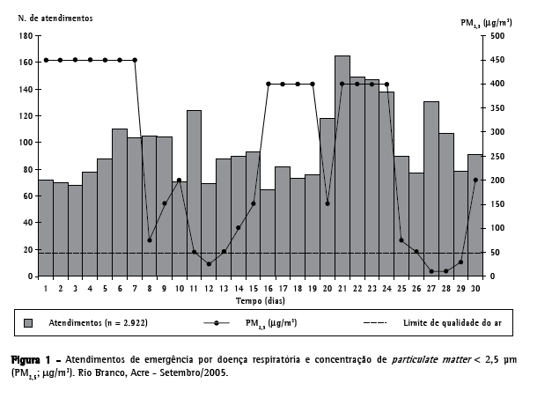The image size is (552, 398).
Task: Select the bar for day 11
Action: point(194,194)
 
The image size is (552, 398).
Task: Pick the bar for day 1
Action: point(46,228)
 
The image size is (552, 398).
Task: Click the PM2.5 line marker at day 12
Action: point(209,263)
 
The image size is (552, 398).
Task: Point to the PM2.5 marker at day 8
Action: point(150,240)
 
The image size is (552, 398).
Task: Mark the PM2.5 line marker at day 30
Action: point(476,180)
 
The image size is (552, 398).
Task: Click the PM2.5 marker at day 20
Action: point(328,203)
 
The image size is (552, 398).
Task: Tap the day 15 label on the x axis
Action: point(253,288)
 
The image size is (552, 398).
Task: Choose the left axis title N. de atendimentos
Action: point(61,16)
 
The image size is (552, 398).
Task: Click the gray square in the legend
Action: point(29,323)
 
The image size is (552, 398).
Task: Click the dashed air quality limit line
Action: point(264,253)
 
